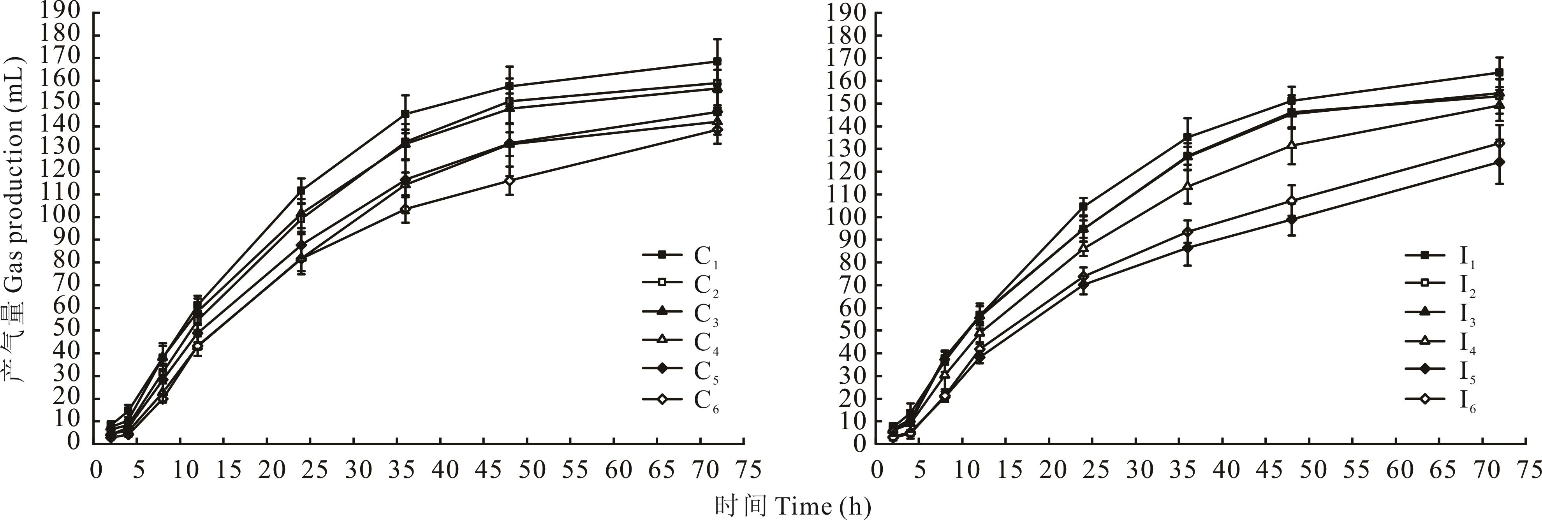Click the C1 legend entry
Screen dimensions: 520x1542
[x=680, y=255]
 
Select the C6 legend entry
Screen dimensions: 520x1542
[x=680, y=401]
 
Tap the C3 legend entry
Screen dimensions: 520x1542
[x=680, y=313]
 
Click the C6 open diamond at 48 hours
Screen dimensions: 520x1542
[x=509, y=180]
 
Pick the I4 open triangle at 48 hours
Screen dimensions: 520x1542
[x=1292, y=145]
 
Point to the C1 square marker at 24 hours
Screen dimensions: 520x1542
[x=301, y=191]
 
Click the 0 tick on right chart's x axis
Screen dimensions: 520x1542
[x=878, y=470]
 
